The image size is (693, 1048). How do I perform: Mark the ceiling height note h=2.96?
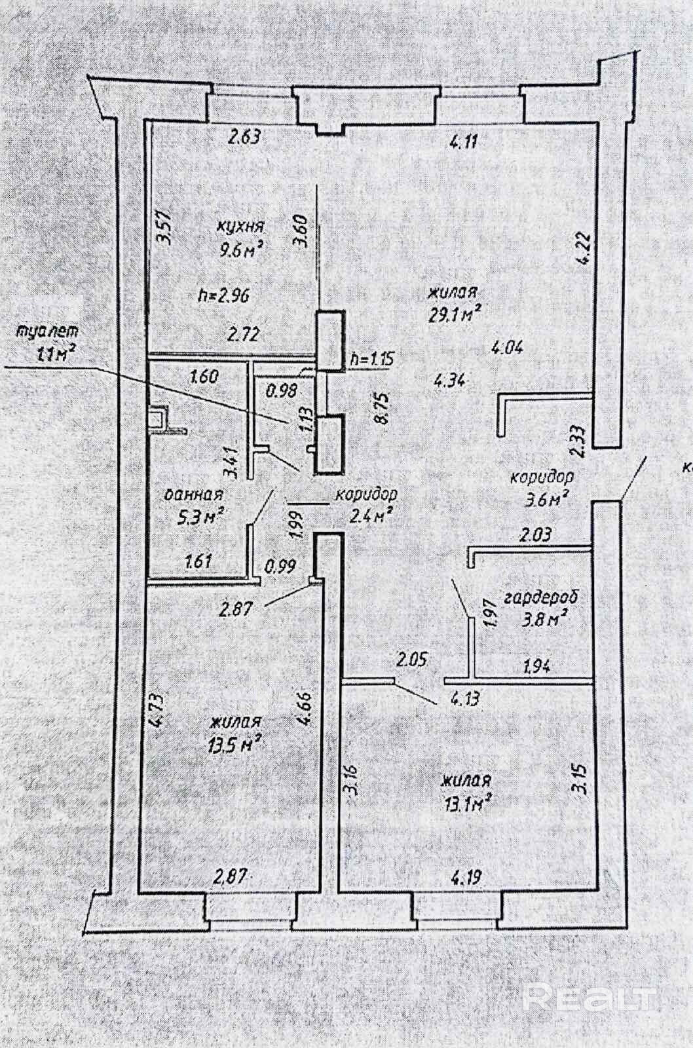pyautogui.click(x=223, y=295)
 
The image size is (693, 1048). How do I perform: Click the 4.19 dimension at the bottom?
pyautogui.click(x=463, y=876)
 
